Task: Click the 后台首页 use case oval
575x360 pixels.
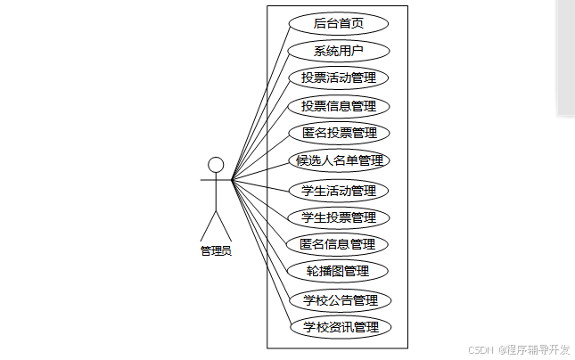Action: tap(339, 23)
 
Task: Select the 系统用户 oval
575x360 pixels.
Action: tap(339, 51)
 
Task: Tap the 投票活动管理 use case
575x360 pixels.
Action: tap(339, 78)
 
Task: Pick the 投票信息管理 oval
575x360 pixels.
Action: tap(339, 106)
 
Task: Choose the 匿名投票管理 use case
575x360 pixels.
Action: tap(339, 134)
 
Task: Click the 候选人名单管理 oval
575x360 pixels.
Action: tap(339, 161)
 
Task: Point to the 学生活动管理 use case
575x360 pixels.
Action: tap(339, 191)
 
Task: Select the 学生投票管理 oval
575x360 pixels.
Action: tap(339, 217)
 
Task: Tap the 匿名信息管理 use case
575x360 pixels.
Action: tap(339, 244)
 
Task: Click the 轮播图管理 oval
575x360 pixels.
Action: tap(339, 271)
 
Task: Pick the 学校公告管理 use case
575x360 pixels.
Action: tap(339, 300)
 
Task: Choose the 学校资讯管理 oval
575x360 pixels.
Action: tap(339, 327)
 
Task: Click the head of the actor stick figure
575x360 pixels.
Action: tap(215, 164)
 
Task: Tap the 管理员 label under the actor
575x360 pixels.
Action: tap(216, 251)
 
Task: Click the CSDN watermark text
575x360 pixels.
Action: tap(481, 349)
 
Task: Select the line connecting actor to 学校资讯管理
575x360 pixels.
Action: tap(261, 254)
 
